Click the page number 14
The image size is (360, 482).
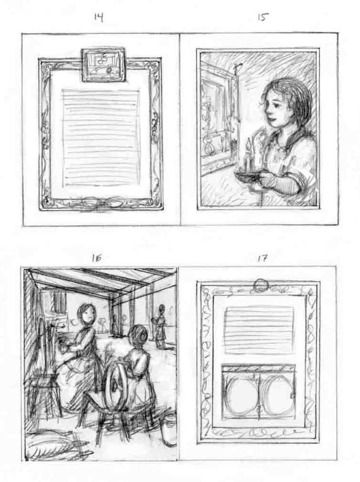(99, 18)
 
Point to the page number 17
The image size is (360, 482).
(262, 258)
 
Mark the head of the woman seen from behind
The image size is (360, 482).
(139, 336)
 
